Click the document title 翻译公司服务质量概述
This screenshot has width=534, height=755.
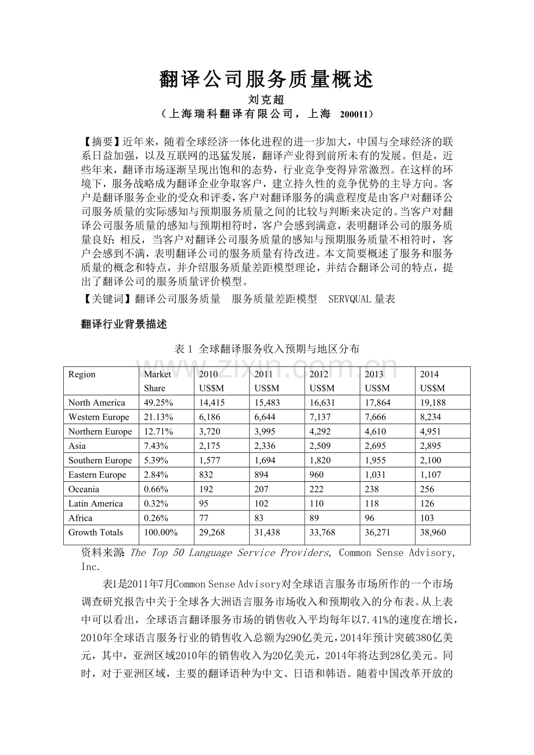[266, 79]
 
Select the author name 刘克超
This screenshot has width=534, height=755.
[266, 100]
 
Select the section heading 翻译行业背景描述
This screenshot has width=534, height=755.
[124, 324]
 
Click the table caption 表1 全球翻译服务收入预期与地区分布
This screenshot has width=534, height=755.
[266, 349]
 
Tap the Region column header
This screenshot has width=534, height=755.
[82, 374]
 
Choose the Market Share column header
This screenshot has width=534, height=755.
[157, 381]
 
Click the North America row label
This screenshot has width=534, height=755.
[96, 402]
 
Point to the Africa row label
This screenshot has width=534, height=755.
[80, 518]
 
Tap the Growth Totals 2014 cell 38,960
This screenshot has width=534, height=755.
[433, 532]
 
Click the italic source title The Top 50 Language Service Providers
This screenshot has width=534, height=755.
[229, 553]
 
